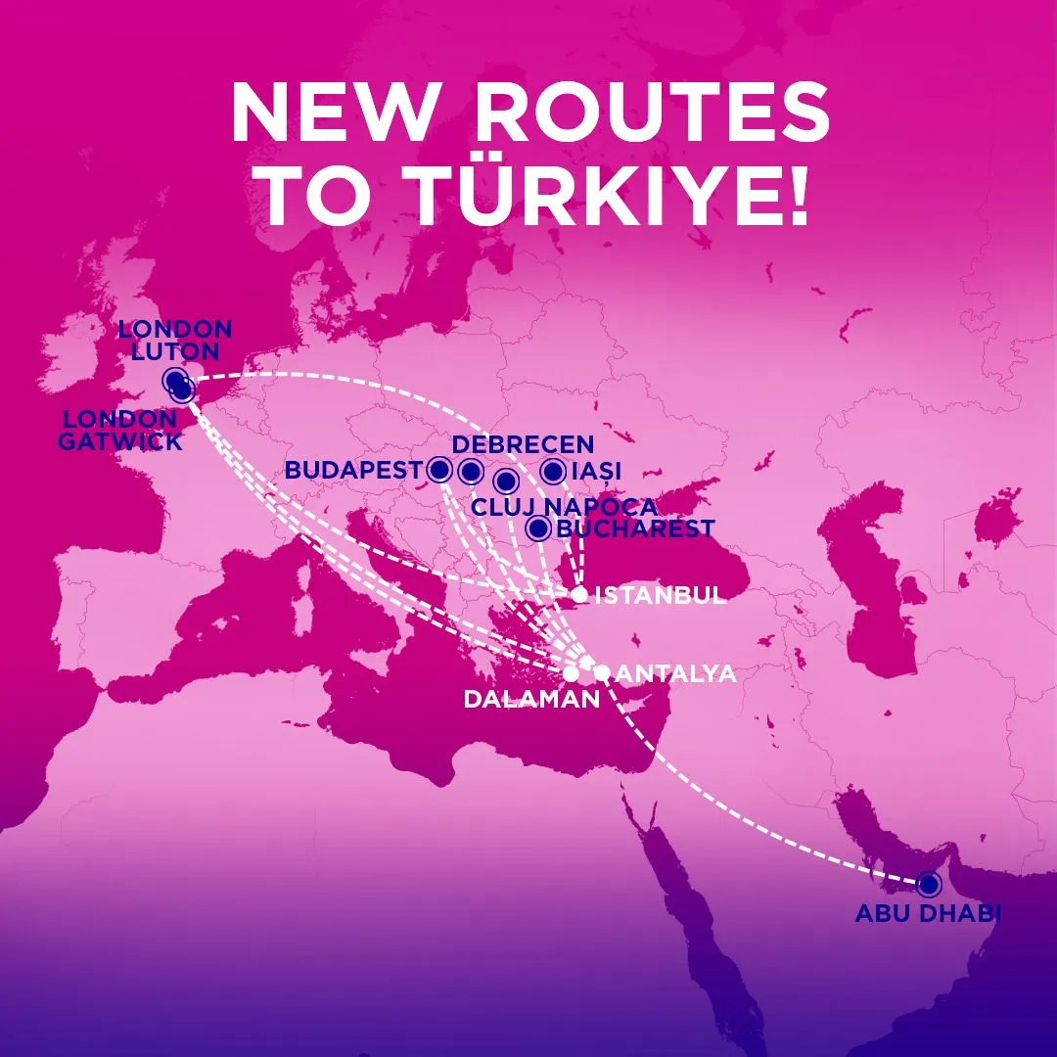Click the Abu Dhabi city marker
928,885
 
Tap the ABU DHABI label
928,915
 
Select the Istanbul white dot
579,594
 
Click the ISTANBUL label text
661,595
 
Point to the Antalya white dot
602,672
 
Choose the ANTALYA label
677,673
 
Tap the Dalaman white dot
571,673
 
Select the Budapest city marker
439,471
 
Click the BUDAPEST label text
354,471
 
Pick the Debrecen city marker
471,472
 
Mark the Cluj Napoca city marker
505,481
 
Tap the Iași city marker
553,472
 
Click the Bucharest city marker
537,528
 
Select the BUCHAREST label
634,529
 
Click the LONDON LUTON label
175,339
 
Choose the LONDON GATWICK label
120,430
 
